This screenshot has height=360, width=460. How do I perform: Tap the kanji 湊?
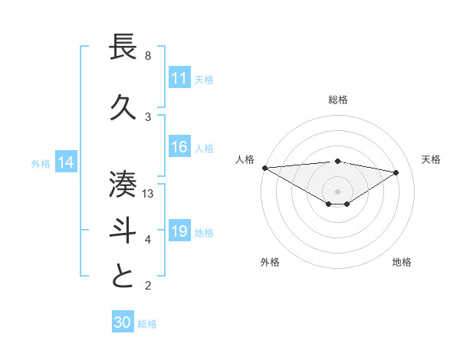click(x=124, y=184)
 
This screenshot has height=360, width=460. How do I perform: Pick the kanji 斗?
click(x=124, y=231)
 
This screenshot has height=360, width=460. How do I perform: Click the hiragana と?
click(x=124, y=277)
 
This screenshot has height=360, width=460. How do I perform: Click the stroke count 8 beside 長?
click(x=148, y=56)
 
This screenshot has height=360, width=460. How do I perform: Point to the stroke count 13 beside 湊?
click(x=149, y=194)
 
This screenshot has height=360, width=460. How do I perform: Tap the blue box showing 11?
click(x=179, y=78)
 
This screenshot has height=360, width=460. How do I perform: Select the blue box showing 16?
click(x=179, y=148)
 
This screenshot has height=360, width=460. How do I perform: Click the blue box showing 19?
click(x=179, y=231)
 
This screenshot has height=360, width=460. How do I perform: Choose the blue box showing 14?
click(x=66, y=162)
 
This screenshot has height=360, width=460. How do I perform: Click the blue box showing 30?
click(x=123, y=322)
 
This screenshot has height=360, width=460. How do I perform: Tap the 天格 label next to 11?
click(x=204, y=79)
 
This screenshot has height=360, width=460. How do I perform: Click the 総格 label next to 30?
click(x=147, y=324)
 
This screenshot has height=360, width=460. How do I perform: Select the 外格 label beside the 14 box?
click(x=41, y=163)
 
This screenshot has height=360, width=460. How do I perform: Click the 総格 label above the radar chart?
click(x=337, y=100)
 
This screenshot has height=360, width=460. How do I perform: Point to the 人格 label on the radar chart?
click(x=245, y=159)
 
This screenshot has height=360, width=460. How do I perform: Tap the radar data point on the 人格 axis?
click(x=264, y=167)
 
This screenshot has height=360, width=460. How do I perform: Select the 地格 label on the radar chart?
click(x=402, y=262)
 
